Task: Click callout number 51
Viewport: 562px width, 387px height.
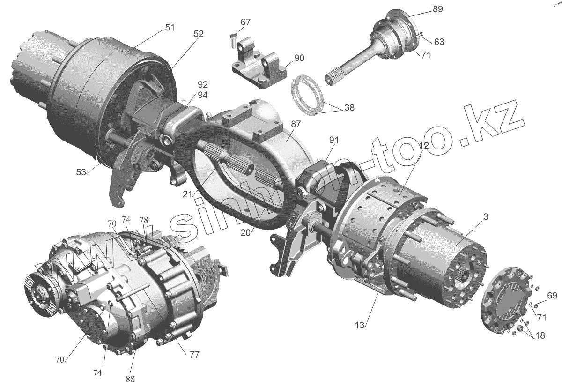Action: pyautogui.click(x=169, y=28)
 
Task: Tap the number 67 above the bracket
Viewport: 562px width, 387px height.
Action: pyautogui.click(x=245, y=22)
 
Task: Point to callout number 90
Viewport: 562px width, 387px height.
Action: pyautogui.click(x=299, y=58)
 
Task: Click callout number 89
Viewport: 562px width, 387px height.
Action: pyautogui.click(x=437, y=9)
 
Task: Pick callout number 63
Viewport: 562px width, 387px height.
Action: pyautogui.click(x=439, y=42)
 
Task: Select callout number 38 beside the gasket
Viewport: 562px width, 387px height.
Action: pyautogui.click(x=349, y=107)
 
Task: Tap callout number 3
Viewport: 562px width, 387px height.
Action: pyautogui.click(x=486, y=216)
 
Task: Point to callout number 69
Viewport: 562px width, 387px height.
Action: pyautogui.click(x=552, y=295)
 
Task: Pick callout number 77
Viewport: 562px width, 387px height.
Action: pyautogui.click(x=194, y=355)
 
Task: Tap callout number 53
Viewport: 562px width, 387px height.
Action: pyautogui.click(x=81, y=172)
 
